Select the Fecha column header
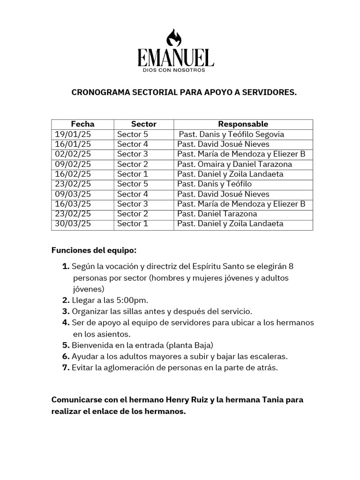[x=82, y=124]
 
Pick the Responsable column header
[x=243, y=124]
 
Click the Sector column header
[x=143, y=124]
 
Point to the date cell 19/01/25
[x=73, y=135]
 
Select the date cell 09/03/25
[x=73, y=194]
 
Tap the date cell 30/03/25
[x=73, y=224]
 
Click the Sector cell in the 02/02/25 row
[x=133, y=154]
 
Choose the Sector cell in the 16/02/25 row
[x=133, y=174]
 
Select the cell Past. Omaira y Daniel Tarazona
[x=234, y=164]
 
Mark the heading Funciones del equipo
[x=94, y=250]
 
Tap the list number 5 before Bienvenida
[x=66, y=345]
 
